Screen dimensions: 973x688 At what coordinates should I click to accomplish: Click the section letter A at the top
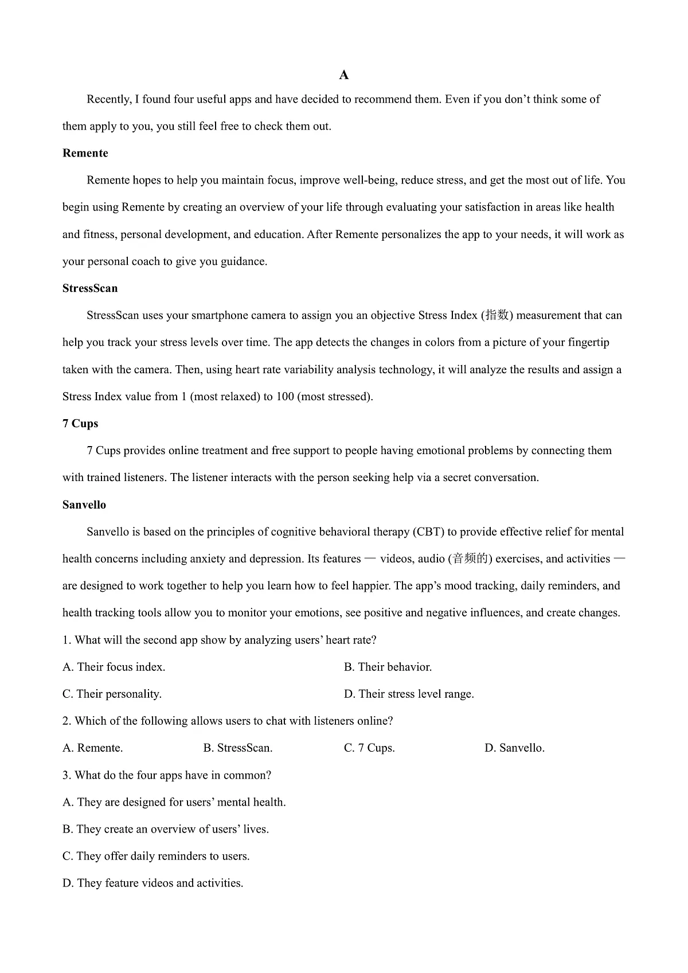tap(344, 75)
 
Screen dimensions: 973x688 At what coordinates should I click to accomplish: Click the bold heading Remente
tap(85, 153)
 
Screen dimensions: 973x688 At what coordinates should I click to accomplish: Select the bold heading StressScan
tap(90, 288)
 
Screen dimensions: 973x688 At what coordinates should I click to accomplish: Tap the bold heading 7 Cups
tap(80, 424)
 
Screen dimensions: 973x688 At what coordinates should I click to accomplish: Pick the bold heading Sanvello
tap(84, 505)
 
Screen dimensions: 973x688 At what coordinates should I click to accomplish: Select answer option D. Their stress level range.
tap(409, 694)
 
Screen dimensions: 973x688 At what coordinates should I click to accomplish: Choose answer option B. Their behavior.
tap(388, 667)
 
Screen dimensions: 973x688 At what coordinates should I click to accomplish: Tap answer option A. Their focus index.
tap(114, 667)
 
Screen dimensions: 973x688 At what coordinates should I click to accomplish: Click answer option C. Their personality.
tap(112, 694)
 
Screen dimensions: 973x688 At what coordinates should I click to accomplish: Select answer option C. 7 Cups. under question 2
tap(369, 748)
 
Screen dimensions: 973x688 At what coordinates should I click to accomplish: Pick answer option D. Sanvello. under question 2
tap(514, 748)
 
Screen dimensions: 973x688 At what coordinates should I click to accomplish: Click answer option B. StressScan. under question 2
tap(238, 748)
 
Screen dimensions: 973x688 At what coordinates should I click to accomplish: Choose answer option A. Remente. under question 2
tap(93, 748)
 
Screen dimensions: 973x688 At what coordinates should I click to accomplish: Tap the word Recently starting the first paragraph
tap(109, 100)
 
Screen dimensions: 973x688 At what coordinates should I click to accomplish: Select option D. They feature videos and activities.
tap(153, 884)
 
